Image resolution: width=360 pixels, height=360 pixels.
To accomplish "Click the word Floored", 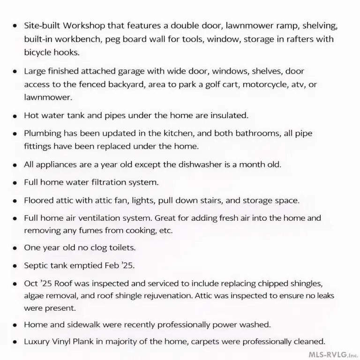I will (39, 201).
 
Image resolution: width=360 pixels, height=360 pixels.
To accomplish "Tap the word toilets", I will (119, 247).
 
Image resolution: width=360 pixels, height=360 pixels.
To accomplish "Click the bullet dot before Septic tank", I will (15, 266).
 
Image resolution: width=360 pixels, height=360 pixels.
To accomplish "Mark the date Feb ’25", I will (119, 265).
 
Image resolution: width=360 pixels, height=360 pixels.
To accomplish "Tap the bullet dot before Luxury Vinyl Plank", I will (15, 342).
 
